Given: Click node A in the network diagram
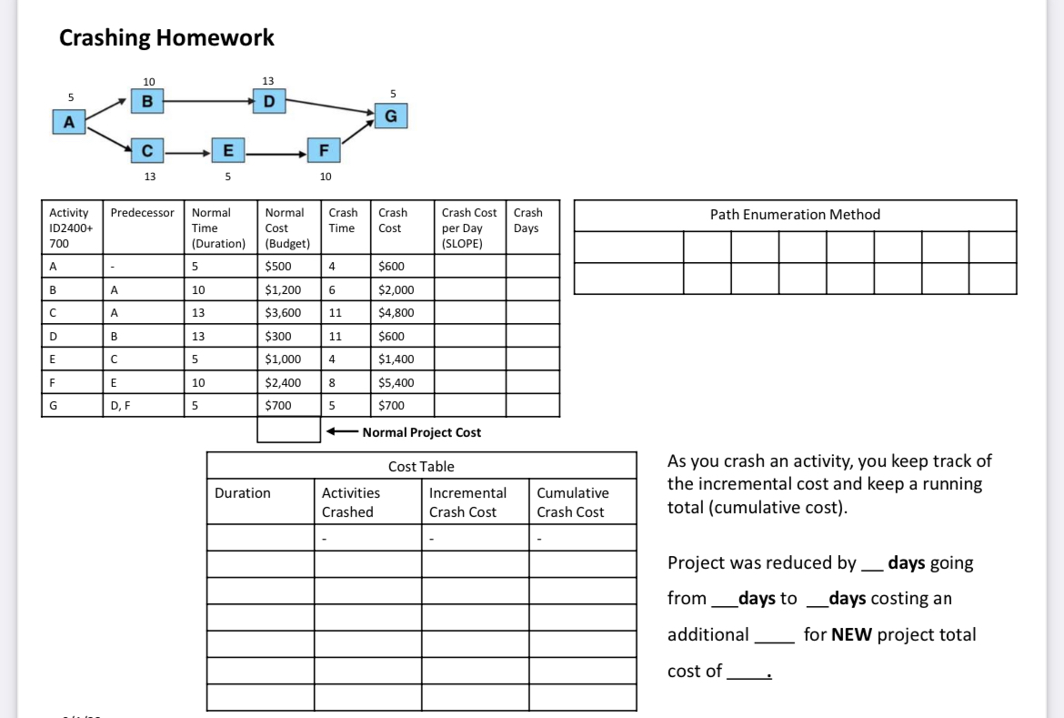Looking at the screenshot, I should click(x=68, y=121).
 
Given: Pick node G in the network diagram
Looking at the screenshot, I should click(x=391, y=116).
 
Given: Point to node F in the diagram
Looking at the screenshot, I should click(x=323, y=148).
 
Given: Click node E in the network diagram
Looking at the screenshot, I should click(x=227, y=148).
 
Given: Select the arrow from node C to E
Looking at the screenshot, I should click(x=186, y=149).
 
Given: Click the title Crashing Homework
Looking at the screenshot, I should click(x=166, y=37).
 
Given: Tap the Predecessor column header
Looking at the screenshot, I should click(x=142, y=213).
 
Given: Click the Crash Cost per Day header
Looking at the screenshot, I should click(x=469, y=228).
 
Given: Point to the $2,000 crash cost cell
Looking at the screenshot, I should click(x=396, y=289).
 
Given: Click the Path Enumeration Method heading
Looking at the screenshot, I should click(x=795, y=215).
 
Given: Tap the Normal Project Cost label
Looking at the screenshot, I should click(x=422, y=432).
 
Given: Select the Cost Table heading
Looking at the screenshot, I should click(x=421, y=466).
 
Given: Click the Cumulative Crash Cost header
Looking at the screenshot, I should click(x=572, y=502).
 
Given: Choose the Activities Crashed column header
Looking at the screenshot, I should click(x=351, y=502).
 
